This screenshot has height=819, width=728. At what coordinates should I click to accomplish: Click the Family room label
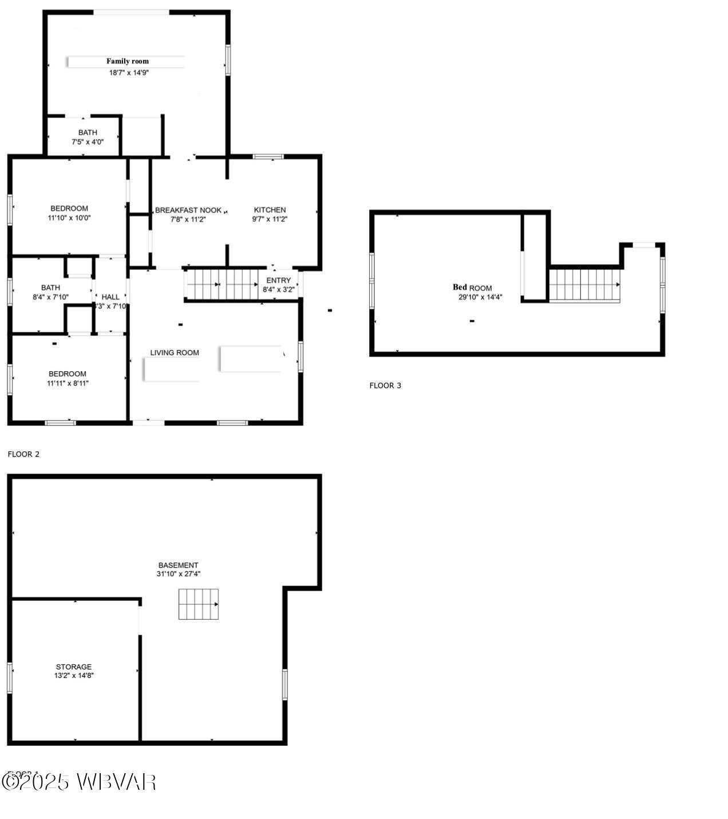coord(127,61)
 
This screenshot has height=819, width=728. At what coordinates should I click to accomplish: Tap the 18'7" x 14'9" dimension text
coord(129,73)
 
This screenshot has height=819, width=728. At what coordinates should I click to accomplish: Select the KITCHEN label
coord(270,210)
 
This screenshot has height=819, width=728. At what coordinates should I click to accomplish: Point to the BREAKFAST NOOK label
coord(188,210)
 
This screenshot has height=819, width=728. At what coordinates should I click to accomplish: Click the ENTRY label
coord(278,281)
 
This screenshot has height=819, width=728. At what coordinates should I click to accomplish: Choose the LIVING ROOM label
coord(175,353)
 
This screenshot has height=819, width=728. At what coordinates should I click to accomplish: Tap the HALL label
coord(110,297)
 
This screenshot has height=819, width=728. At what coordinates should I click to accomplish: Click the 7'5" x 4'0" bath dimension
coord(88,141)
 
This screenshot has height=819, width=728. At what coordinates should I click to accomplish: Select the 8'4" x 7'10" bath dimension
coord(50,297)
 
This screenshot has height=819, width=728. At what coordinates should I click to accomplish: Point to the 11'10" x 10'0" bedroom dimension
coord(69,218)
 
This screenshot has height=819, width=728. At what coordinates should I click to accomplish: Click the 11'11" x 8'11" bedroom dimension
coord(68,383)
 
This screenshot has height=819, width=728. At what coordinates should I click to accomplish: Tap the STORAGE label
coord(74,667)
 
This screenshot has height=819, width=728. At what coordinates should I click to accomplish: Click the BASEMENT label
coord(178,565)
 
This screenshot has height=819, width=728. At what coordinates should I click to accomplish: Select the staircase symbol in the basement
coord(199,604)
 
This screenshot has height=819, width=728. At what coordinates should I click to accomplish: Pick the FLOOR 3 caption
coord(385,385)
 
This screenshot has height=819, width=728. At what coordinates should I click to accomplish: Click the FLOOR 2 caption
coord(23,454)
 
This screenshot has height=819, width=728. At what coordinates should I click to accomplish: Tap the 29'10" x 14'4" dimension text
coord(480,297)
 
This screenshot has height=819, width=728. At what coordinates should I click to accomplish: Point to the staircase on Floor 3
coord(585,285)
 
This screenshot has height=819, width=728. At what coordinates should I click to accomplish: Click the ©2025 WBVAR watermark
coord(79,782)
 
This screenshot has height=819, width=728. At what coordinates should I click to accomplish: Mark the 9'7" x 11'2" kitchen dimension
coord(270,219)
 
